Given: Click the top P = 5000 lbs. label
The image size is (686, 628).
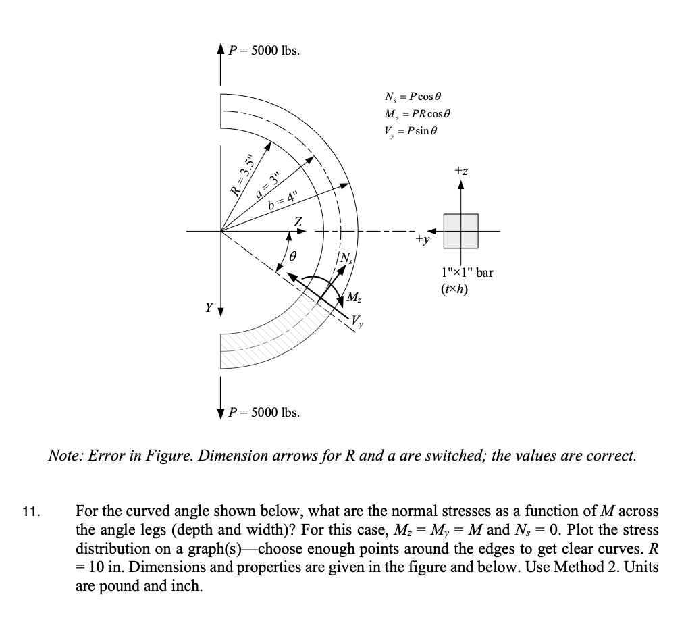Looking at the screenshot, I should (264, 51).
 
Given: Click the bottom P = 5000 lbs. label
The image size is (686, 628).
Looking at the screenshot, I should (264, 411).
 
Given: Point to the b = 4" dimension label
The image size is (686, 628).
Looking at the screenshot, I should (282, 200).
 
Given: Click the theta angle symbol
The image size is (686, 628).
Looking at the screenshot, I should (293, 257).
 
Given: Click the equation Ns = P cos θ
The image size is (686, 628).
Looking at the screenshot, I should (412, 97).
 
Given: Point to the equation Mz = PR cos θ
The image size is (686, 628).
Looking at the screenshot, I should (416, 113).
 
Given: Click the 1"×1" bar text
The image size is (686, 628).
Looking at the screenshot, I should (467, 273).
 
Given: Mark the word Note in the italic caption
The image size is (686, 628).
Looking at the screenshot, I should (63, 456).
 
